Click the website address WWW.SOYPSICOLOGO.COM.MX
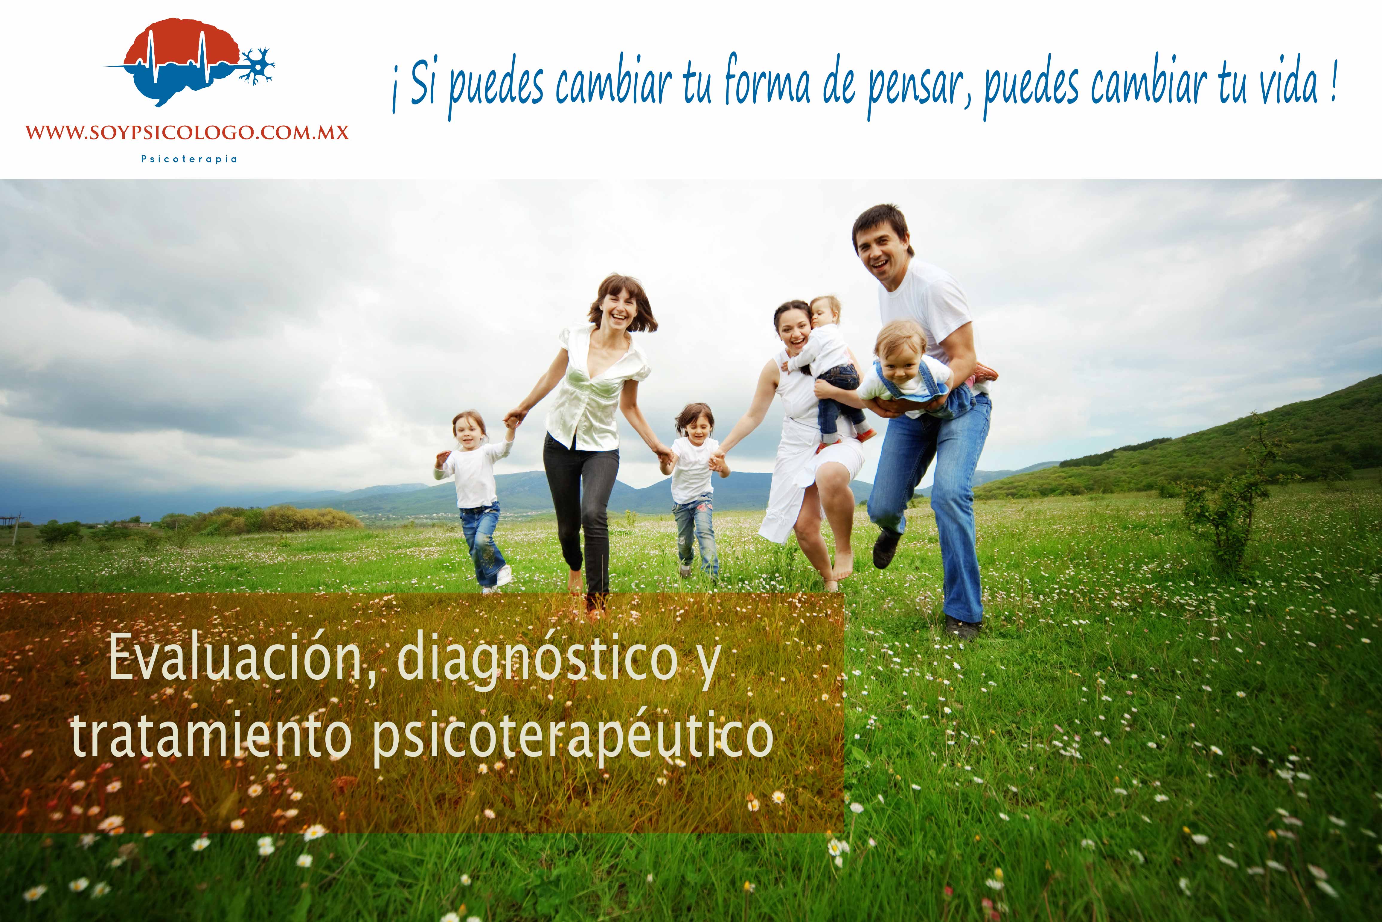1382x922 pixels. click(x=187, y=132)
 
